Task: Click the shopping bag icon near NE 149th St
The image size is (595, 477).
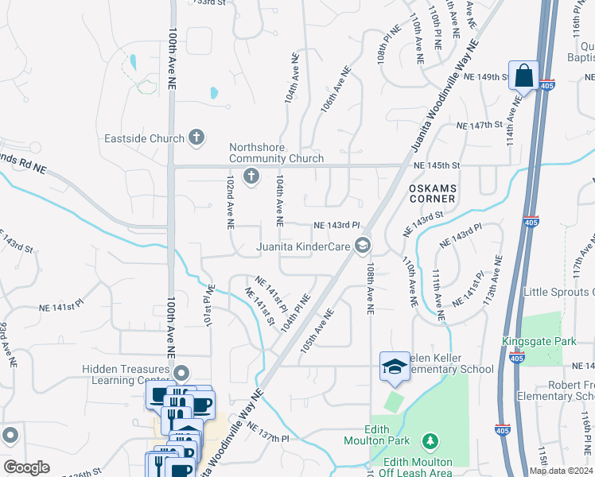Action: point(523,76)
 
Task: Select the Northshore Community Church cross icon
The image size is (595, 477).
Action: point(251,176)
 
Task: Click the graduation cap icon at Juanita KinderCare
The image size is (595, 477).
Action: point(363,246)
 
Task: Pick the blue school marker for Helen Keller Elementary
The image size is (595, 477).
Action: point(395,366)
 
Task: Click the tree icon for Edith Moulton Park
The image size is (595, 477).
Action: point(430,440)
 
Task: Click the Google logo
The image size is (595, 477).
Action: point(26,467)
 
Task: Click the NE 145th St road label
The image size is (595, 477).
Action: point(437,165)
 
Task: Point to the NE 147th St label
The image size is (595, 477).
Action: point(480,126)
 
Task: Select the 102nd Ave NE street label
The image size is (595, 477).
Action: point(230,204)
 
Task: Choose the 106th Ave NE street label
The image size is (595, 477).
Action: point(335,94)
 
